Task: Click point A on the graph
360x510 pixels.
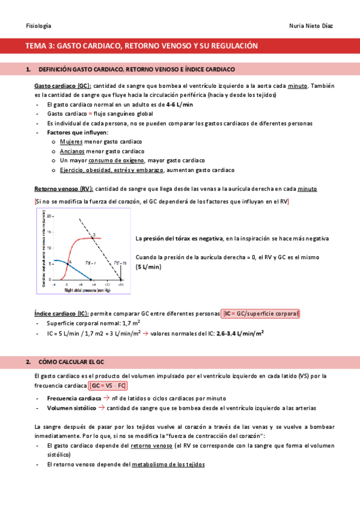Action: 70,262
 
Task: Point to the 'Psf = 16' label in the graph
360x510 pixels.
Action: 120,262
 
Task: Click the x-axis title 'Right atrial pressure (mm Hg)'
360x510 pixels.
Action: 87,290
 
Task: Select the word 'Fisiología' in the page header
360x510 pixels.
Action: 38,26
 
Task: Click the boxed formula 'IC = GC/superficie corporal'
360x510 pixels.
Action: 261,314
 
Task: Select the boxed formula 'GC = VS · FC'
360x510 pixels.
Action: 108,386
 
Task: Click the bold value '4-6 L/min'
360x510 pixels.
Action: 180,105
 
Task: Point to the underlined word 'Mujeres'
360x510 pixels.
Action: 72,141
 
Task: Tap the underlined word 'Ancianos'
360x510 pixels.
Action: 73,151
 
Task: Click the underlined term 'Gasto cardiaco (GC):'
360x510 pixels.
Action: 63,86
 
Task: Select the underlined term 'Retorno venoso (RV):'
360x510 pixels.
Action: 64,189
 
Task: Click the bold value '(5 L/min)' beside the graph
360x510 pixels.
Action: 149,266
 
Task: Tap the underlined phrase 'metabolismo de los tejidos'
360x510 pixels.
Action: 168,464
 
